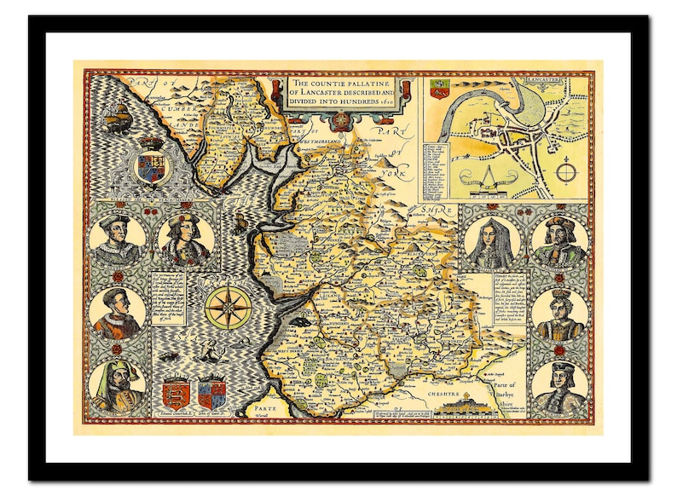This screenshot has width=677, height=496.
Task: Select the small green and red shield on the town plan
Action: click(x=440, y=88)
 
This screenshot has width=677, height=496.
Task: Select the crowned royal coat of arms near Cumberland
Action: click(x=153, y=162)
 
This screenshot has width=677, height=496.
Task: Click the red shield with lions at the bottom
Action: click(x=176, y=395)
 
